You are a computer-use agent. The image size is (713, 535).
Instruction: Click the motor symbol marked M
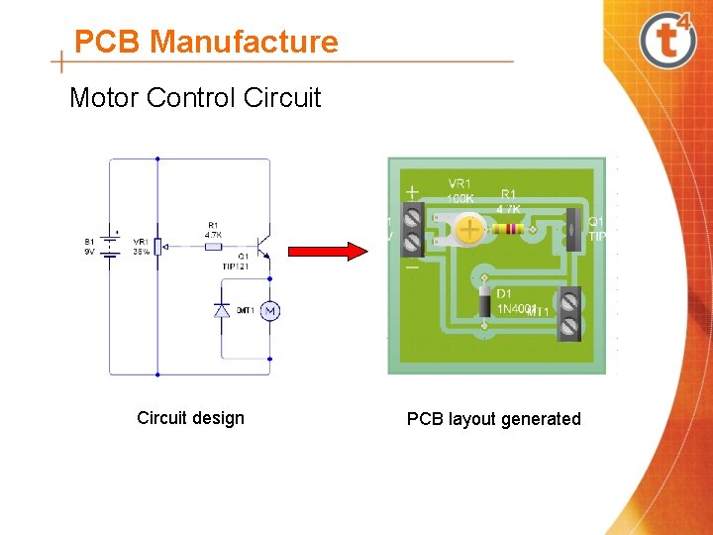pyautogui.click(x=269, y=311)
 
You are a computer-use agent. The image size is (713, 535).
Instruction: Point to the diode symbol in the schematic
pyautogui.click(x=223, y=310)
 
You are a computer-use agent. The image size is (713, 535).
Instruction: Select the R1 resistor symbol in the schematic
pyautogui.click(x=214, y=245)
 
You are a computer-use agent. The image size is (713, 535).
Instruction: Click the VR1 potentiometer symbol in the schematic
pyautogui.click(x=157, y=245)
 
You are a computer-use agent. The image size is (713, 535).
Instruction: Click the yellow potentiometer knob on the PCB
pyautogui.click(x=468, y=231)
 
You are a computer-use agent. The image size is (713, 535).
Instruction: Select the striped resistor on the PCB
pyautogui.click(x=507, y=230)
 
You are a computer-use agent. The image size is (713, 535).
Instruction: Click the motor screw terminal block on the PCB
pyautogui.click(x=569, y=312)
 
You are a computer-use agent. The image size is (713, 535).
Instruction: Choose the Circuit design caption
pyautogui.click(x=190, y=418)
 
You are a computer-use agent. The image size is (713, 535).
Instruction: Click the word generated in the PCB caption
pyautogui.click(x=541, y=419)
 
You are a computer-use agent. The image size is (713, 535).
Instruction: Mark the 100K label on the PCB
pyautogui.click(x=459, y=199)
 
